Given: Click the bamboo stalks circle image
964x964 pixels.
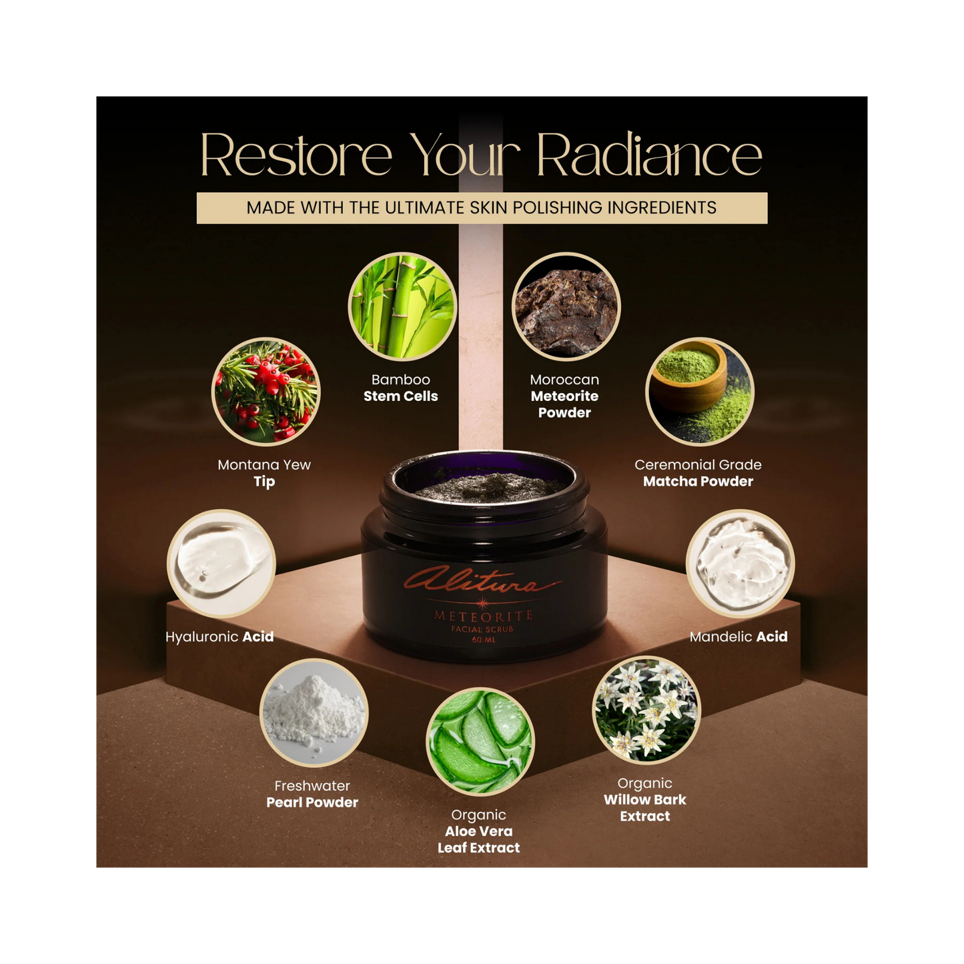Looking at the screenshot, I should coord(402,307).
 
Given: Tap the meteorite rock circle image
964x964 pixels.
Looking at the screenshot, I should coord(566,307).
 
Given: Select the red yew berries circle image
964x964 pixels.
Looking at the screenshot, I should coord(266,392).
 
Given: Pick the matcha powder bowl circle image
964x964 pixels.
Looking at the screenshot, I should coord(699,392).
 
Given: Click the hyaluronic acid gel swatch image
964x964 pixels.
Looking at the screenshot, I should coord(221,564).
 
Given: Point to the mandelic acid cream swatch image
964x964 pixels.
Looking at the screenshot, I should coord(740,564).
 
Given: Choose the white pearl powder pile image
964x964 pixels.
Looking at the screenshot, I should coord(314,712).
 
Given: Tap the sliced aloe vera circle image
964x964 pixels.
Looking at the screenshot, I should coord(480,741).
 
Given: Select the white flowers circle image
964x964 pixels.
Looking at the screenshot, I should coord(646,710).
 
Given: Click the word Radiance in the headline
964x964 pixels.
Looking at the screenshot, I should coord(649,155).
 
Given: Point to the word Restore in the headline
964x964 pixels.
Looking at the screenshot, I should coord(296,155).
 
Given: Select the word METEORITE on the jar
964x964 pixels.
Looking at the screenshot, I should coord(484,616).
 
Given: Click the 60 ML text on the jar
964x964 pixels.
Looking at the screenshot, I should coord(484,640).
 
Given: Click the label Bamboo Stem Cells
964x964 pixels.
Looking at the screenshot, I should coord(401,388).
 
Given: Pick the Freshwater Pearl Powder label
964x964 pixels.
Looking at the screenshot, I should coord(312,795).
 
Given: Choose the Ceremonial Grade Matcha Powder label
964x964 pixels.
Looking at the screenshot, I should coord(698,473).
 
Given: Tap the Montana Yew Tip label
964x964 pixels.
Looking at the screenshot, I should coord(264,473).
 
